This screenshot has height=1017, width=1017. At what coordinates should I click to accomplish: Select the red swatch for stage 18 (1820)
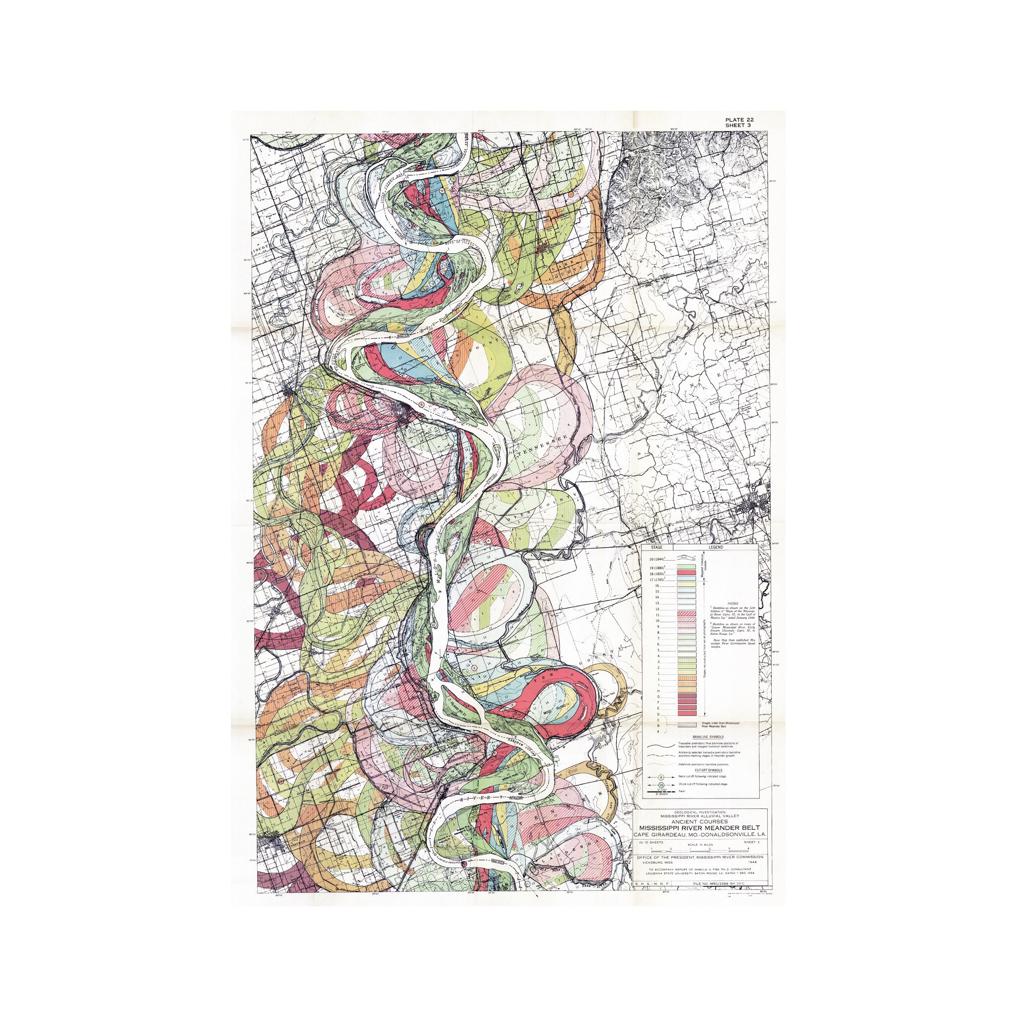[x=686, y=573]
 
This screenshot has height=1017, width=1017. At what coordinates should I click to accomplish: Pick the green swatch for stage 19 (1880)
[x=686, y=567]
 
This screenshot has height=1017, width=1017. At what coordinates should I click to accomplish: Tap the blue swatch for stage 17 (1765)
[x=686, y=579]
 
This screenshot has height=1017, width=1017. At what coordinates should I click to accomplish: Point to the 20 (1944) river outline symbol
[x=686, y=558]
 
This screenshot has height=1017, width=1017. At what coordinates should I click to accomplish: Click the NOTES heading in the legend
[x=733, y=604]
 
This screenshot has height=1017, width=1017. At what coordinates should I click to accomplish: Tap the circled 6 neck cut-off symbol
[x=661, y=778]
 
